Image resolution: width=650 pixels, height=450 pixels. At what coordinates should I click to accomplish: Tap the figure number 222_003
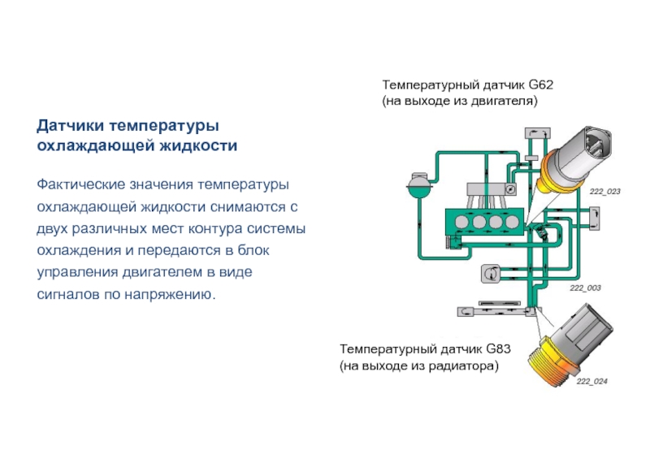[x=585, y=288]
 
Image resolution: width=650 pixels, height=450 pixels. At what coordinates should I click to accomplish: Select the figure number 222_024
[x=591, y=381]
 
